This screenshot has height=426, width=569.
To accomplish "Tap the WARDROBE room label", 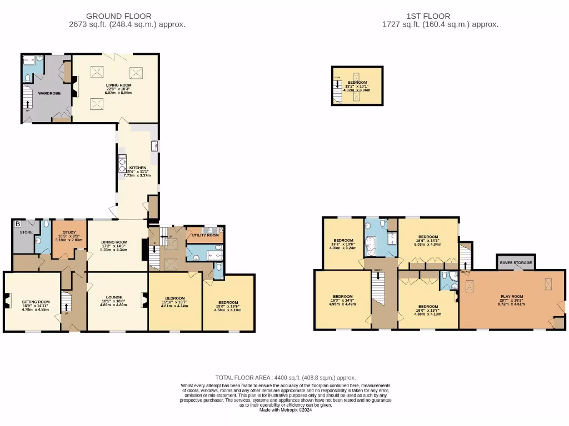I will click(48, 93).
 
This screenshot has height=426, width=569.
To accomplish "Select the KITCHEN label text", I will click(138, 168).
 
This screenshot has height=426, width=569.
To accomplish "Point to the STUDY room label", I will click(69, 233).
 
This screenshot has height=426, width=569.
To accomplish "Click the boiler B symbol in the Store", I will click(18, 224).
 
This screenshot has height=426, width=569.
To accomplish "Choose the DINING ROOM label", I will click(114, 242).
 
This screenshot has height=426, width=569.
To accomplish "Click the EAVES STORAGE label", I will click(516, 262).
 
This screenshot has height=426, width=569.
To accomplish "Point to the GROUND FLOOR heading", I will click(118, 16).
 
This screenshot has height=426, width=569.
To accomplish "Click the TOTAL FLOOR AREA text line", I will click(285, 377).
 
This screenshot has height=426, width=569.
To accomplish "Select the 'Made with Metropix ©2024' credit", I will click(285, 410).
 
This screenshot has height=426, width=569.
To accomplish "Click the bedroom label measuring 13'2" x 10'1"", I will click(357, 82).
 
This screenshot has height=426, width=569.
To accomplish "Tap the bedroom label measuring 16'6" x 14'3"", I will click(428, 236).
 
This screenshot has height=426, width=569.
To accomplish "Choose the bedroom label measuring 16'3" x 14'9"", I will click(343, 296).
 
